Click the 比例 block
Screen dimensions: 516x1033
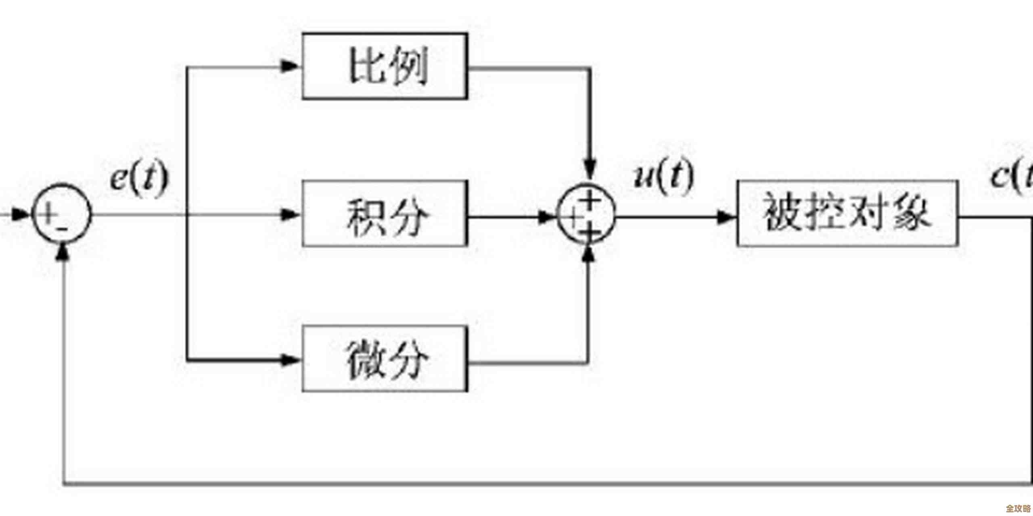coord(385,67)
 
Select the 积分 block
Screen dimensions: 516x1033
coord(385,214)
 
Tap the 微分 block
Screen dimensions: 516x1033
coord(385,359)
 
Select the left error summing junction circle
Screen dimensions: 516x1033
coord(62,214)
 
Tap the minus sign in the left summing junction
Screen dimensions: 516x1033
coord(63,229)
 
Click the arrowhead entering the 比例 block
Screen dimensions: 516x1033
coord(290,66)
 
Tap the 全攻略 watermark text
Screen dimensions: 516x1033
coord(1018,509)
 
